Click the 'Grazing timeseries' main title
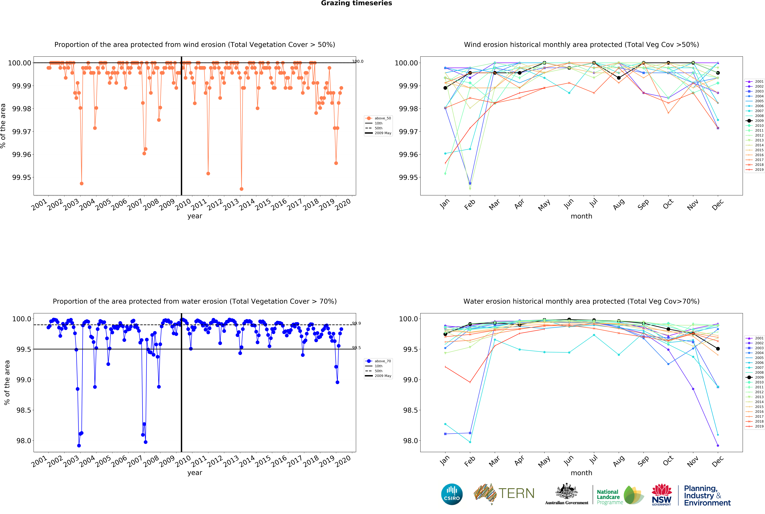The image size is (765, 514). [356, 3]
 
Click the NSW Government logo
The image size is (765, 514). [661, 494]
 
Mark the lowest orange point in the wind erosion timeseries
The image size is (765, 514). [242, 189]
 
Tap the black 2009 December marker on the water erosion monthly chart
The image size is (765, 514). [718, 349]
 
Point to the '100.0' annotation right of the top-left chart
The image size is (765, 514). [358, 61]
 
